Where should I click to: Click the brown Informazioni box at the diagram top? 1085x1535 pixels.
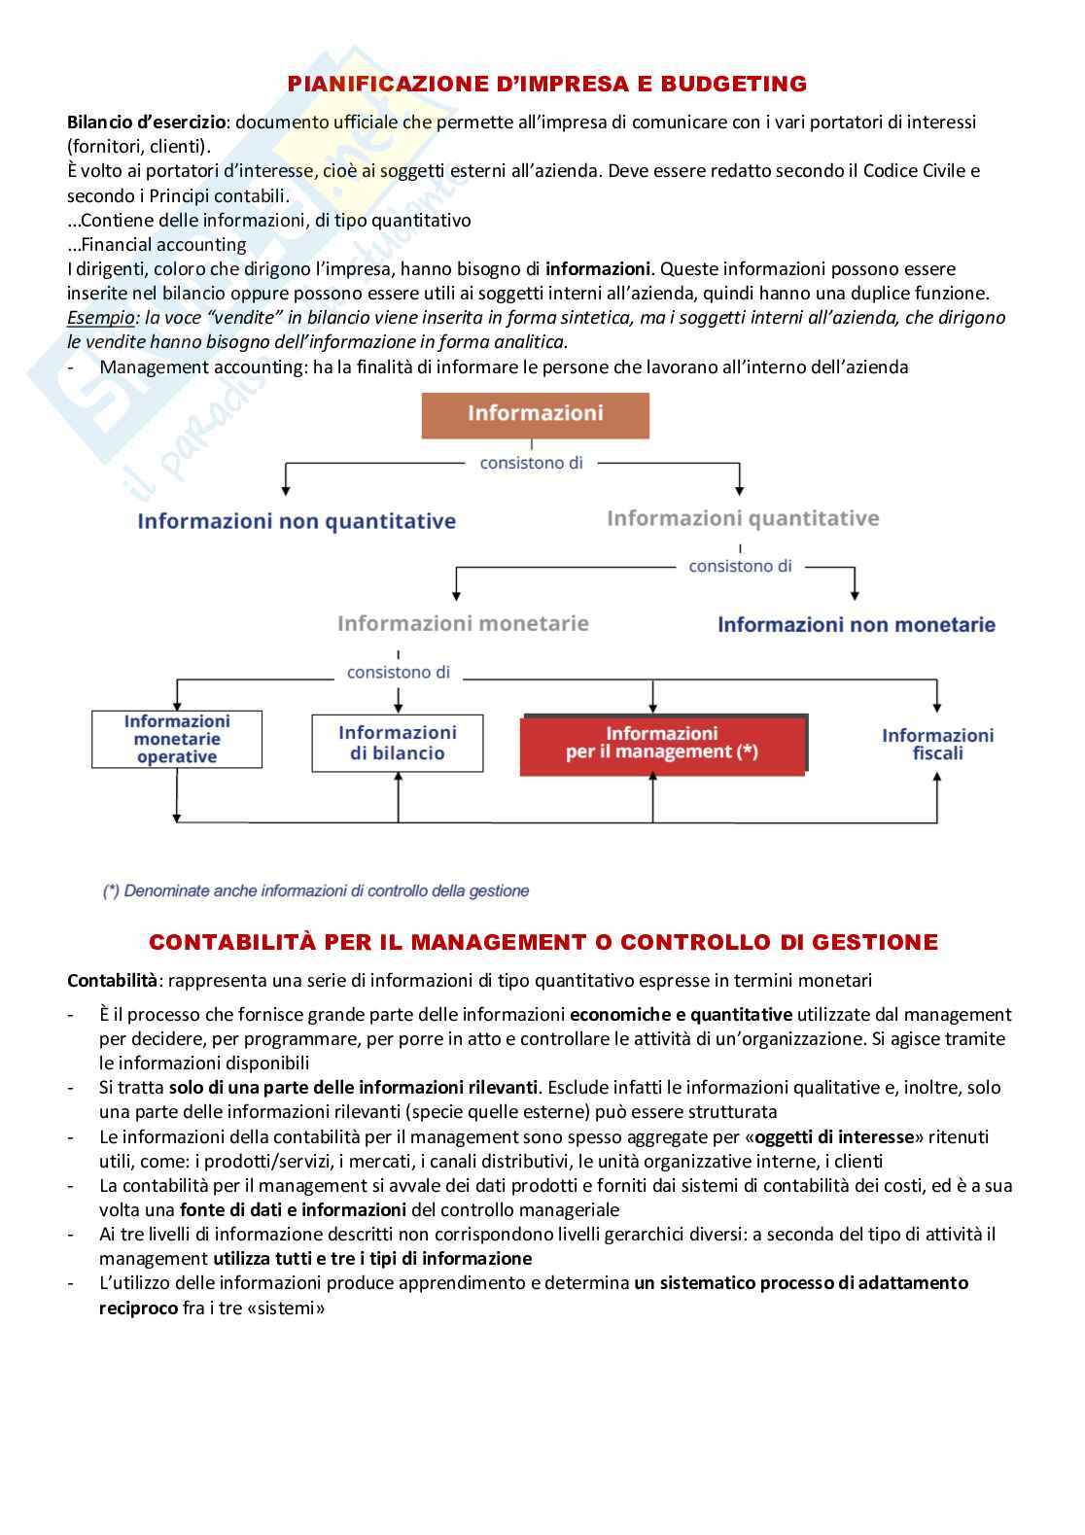pyautogui.click(x=535, y=414)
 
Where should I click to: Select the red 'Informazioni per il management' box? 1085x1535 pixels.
pyautogui.click(x=662, y=744)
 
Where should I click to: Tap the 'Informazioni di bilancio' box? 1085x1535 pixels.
pyautogui.click(x=397, y=744)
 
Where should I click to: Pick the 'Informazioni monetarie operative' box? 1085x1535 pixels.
pyautogui.click(x=177, y=740)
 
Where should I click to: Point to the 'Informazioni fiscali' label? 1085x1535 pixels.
pyautogui.click(x=937, y=745)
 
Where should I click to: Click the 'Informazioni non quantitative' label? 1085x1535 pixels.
pyautogui.click(x=297, y=522)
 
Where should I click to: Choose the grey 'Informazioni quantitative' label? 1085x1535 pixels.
pyautogui.click(x=743, y=519)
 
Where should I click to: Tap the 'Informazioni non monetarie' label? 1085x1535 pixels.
pyautogui.click(x=856, y=625)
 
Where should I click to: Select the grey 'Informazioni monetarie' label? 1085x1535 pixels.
pyautogui.click(x=463, y=623)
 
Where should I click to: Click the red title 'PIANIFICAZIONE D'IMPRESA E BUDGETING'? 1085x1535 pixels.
pyautogui.click(x=547, y=85)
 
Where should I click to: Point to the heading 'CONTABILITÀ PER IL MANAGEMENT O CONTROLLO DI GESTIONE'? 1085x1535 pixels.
pyautogui.click(x=542, y=942)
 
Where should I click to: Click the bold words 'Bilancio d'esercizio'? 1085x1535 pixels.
pyautogui.click(x=146, y=122)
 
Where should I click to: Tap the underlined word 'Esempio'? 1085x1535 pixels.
pyautogui.click(x=101, y=318)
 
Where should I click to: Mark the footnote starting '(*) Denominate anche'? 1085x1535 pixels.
pyautogui.click(x=316, y=890)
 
